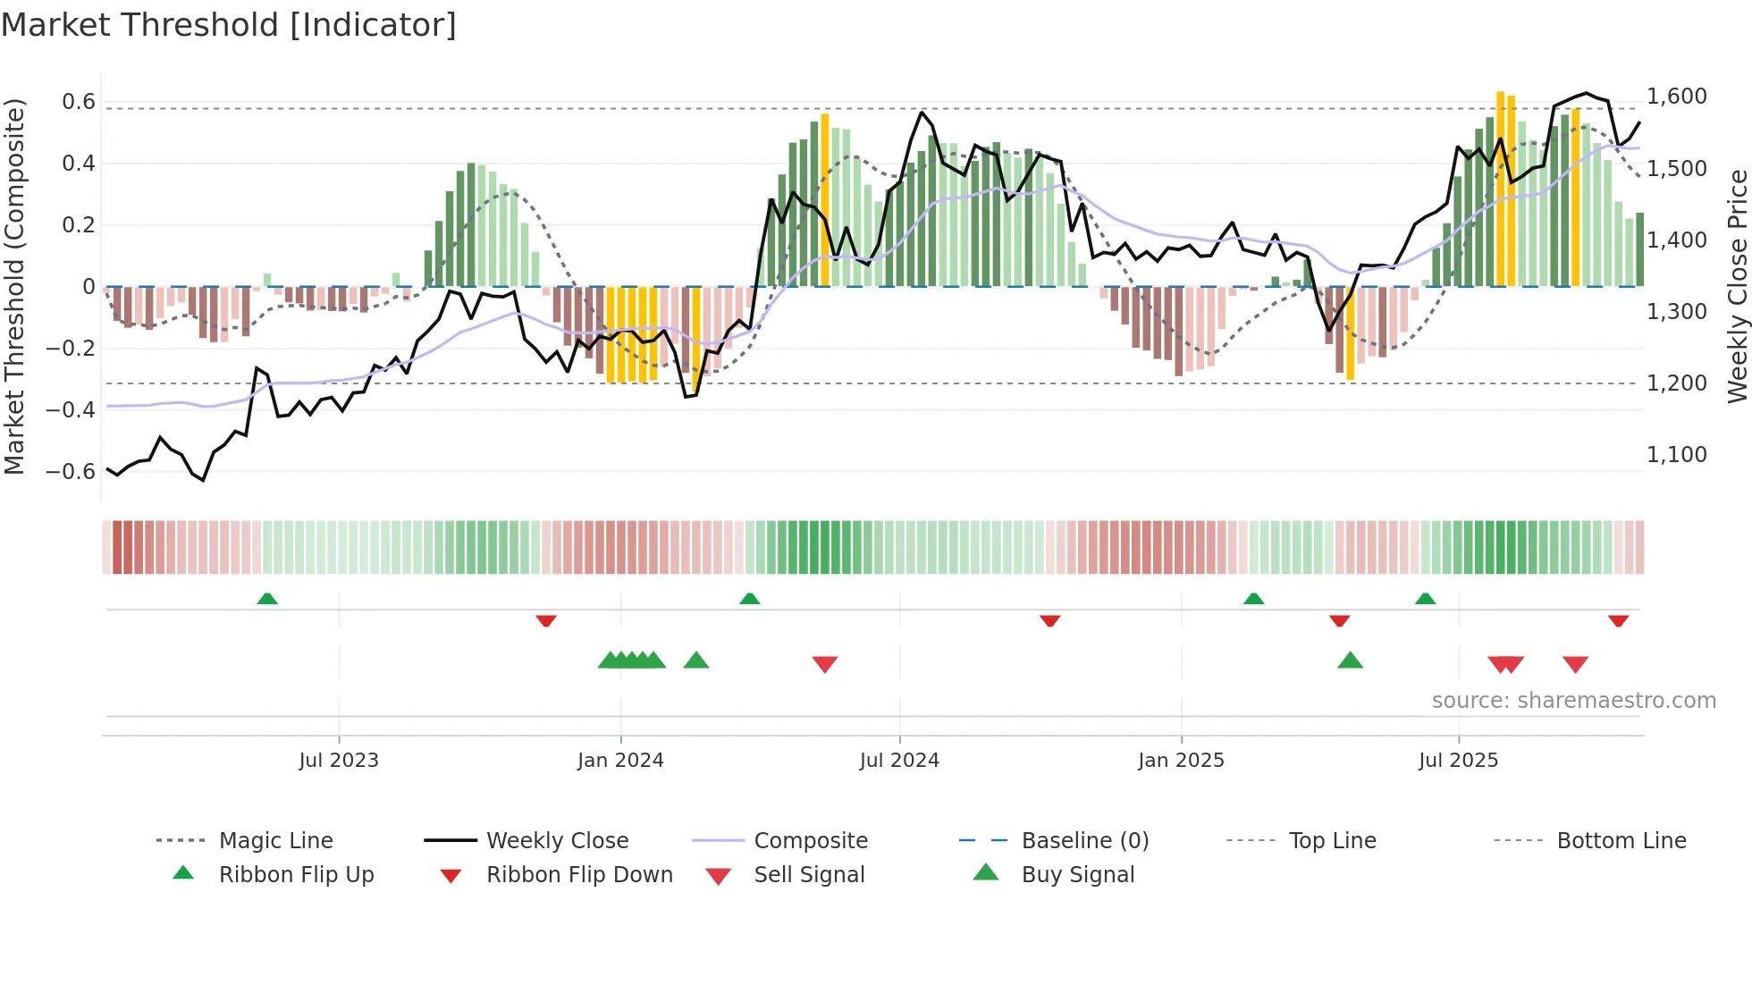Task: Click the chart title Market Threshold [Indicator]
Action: [229, 25]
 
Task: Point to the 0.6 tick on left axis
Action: [79, 102]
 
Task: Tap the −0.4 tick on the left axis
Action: [71, 410]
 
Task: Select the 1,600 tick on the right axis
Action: [1676, 97]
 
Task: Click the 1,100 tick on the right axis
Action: [1676, 455]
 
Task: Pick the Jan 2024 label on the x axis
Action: [620, 761]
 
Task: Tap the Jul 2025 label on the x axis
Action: [1458, 761]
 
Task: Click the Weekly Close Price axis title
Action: [1737, 286]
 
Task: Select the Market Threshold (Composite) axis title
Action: [14, 286]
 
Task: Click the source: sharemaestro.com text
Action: [1573, 701]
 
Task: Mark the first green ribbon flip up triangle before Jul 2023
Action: [267, 599]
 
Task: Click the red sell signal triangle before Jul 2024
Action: [824, 664]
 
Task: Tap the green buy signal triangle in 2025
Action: [1350, 661]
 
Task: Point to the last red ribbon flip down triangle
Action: [1618, 620]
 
